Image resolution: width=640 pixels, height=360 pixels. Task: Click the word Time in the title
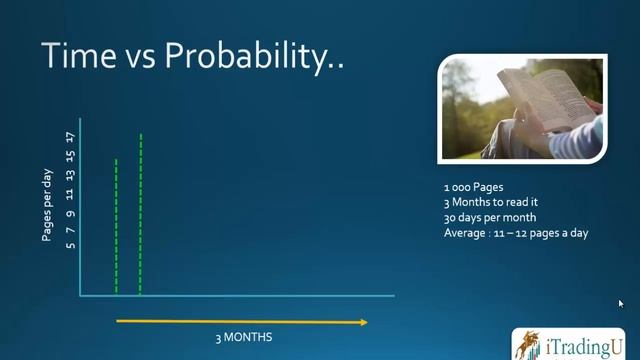coord(76,56)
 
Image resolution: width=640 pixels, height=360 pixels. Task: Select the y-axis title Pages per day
coord(47,205)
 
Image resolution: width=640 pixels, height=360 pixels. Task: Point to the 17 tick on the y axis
coord(70,137)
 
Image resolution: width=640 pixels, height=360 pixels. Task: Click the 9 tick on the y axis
coord(70,213)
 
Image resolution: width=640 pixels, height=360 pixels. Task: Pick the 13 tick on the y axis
coord(70,175)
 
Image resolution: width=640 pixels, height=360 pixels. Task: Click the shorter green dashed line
coord(116,225)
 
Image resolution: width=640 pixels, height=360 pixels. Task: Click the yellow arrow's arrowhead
coord(362,321)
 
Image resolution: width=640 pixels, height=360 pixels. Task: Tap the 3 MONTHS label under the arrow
coord(243,337)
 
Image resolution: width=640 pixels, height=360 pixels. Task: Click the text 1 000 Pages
coord(473,187)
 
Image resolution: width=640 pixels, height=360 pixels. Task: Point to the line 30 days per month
coord(490,217)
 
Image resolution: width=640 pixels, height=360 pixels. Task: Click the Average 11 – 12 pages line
coord(515,232)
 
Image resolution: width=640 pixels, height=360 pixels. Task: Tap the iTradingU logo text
coord(583,346)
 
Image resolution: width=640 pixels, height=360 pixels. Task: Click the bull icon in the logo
coord(528,344)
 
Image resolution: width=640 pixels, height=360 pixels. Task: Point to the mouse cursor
coord(621,304)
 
